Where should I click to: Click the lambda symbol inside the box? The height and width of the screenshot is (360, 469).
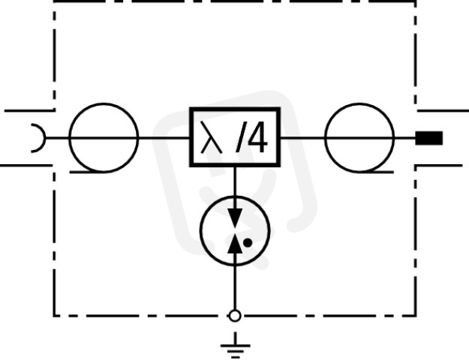pos(212,137)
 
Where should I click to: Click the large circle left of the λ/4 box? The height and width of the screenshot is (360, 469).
pos(69,137)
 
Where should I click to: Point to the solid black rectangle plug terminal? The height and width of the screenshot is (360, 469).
pos(429,138)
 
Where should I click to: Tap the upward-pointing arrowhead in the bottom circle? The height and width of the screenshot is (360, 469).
pos(235,244)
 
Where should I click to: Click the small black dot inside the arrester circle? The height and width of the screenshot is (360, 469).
pos(248,243)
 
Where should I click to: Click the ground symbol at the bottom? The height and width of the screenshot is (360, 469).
pos(235,346)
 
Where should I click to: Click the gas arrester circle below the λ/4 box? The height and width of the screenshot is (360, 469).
pos(200,231)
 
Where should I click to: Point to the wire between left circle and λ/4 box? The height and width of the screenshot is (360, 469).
pos(164,138)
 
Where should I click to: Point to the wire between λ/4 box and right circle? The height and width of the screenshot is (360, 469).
pos(302,138)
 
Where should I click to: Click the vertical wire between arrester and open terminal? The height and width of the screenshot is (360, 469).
pos(235,288)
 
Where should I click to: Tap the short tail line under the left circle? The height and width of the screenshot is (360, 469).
pos(87,172)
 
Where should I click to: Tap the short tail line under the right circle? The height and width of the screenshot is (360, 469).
pos(376,172)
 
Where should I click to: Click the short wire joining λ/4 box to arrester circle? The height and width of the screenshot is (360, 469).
pos(235,181)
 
